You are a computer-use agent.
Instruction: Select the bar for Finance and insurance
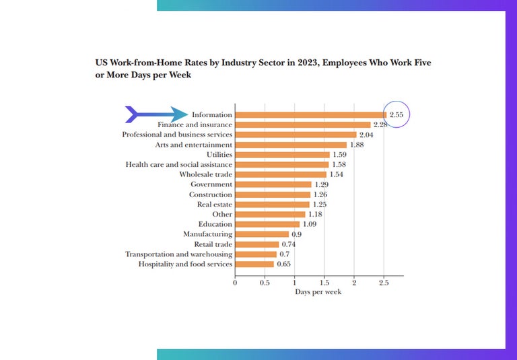[x=302, y=124]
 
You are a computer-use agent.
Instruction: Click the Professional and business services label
[x=177, y=135]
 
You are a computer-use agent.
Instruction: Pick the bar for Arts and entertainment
[x=290, y=145]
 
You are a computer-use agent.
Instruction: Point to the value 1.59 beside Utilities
[x=340, y=155]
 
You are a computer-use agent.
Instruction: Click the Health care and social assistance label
[x=179, y=164]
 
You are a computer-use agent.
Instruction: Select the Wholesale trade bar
[x=280, y=174]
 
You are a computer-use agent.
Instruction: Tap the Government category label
[x=211, y=184]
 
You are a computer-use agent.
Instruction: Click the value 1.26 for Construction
[x=320, y=194]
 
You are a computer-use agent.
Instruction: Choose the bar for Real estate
[x=272, y=204]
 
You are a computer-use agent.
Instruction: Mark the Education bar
[x=267, y=224]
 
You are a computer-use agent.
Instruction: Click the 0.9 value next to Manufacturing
[x=296, y=234]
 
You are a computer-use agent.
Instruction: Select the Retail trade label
[x=213, y=244]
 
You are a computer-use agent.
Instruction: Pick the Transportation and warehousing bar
[x=256, y=254]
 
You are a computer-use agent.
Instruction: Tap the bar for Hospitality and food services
[x=254, y=264]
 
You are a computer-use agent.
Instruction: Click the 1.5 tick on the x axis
[x=324, y=283]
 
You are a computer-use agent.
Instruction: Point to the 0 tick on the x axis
[x=235, y=283]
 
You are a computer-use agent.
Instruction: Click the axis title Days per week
[x=318, y=292]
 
